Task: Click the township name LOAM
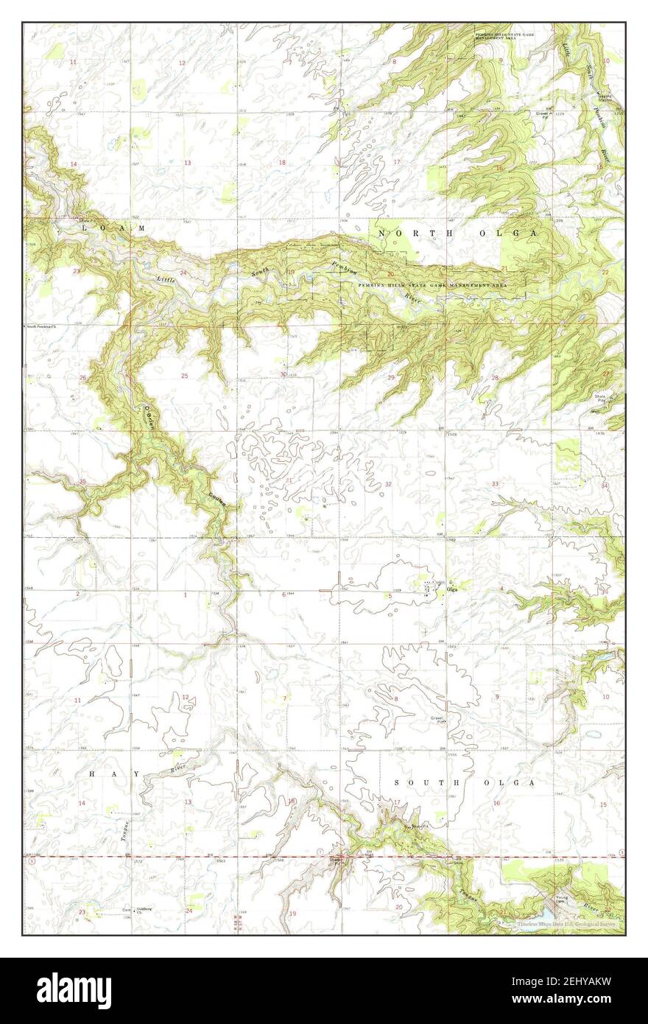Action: tap(113, 229)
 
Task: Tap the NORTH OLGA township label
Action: tap(458, 234)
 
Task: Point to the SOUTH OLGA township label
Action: tap(463, 782)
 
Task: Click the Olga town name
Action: tap(453, 587)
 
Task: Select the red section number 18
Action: tap(282, 162)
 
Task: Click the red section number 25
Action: tap(185, 376)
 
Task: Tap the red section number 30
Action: tap(283, 374)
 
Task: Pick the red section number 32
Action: tap(388, 484)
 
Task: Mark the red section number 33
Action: tap(496, 483)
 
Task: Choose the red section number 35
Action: tap(83, 482)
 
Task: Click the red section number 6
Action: tap(283, 594)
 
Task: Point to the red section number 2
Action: tap(77, 593)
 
